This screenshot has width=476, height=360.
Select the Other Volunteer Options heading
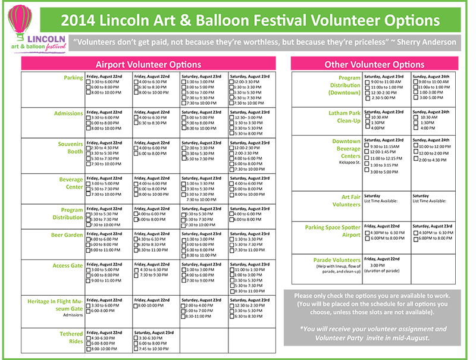click(374, 64)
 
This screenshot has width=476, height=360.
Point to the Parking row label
click(73, 77)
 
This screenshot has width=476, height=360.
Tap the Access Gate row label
click(68, 266)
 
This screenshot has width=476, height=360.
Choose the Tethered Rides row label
click(71, 337)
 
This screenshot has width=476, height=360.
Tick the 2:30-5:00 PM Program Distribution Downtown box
click(367, 98)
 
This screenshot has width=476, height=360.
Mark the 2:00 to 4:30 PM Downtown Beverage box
click(415, 159)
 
